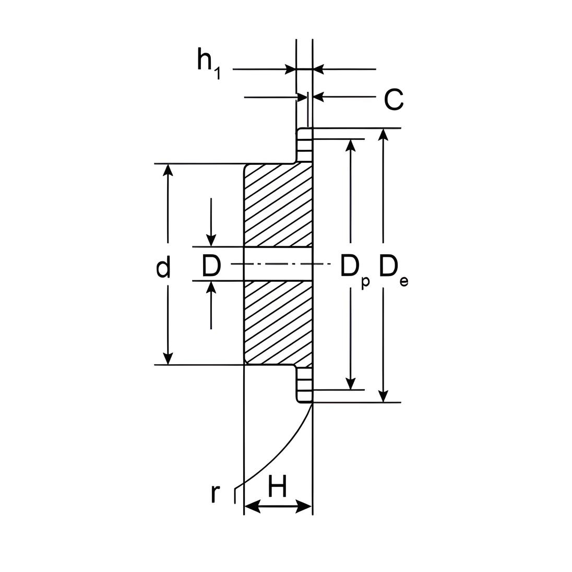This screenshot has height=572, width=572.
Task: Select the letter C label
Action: coord(394,99)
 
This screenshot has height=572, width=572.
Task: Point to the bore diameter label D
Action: coord(211,266)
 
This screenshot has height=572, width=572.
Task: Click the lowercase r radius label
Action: coord(216,494)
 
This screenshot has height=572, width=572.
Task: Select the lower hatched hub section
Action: coord(278,323)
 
